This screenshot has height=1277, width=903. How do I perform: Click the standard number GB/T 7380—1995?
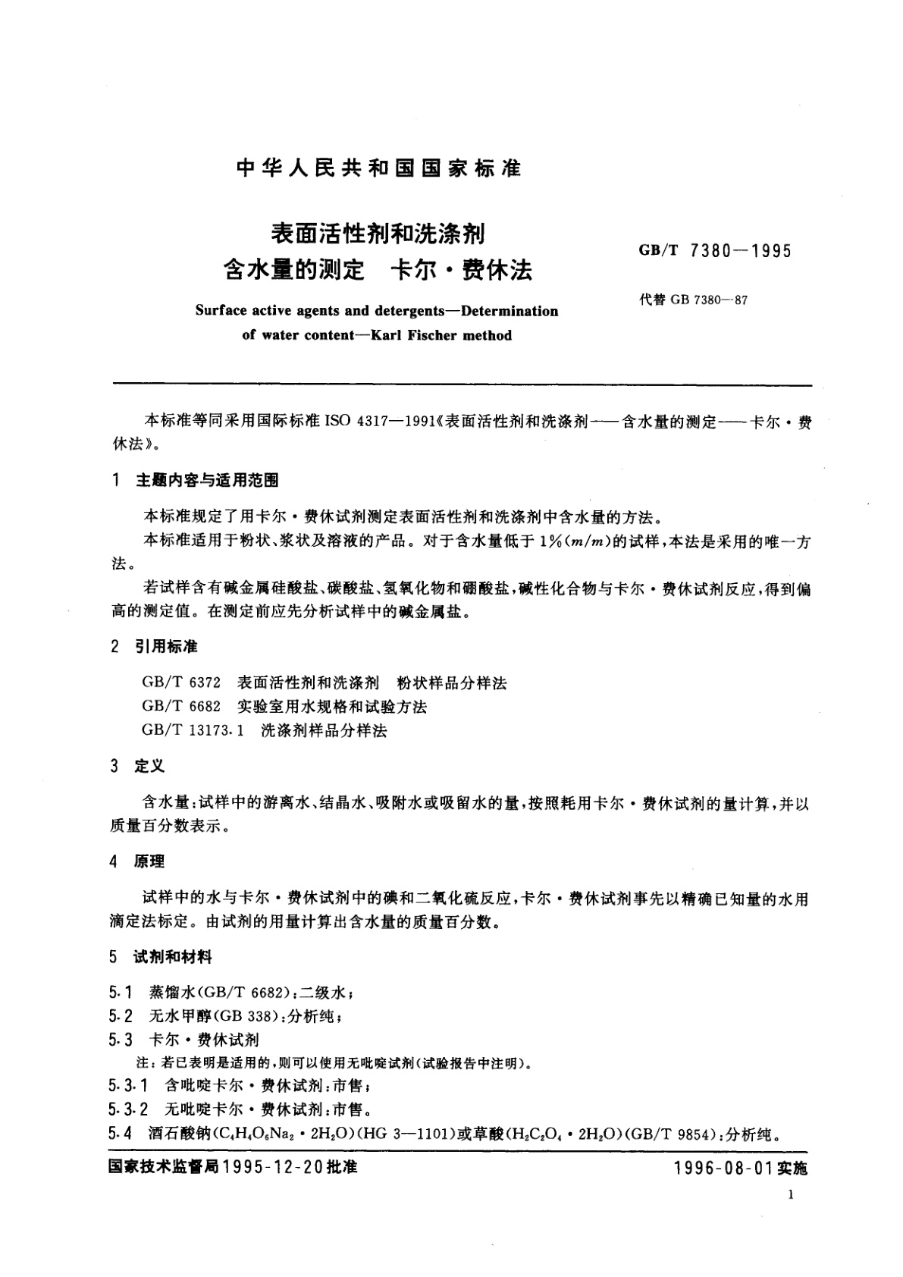coord(715,251)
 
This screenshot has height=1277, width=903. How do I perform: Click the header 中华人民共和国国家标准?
coord(378,168)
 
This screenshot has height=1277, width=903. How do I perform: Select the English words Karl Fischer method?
coord(441,335)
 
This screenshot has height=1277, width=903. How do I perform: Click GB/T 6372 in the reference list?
coord(181,682)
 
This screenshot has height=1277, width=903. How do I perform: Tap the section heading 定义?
coord(149,766)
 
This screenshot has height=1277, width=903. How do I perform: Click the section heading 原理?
coord(149,861)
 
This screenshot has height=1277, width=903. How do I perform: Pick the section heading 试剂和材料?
coord(173,957)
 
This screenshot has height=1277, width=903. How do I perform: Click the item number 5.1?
coord(121,992)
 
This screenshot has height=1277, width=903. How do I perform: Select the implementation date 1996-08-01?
coord(723,1169)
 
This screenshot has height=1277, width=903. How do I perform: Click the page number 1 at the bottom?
coord(791,1195)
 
